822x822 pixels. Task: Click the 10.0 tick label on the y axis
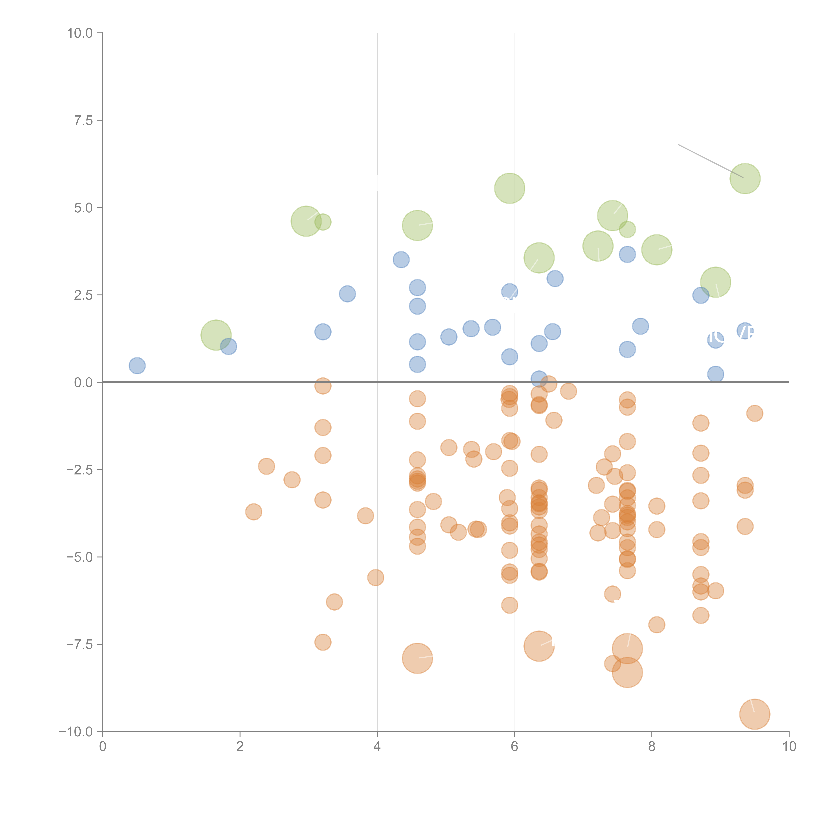[x=80, y=33]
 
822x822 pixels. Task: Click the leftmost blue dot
[x=137, y=365]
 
